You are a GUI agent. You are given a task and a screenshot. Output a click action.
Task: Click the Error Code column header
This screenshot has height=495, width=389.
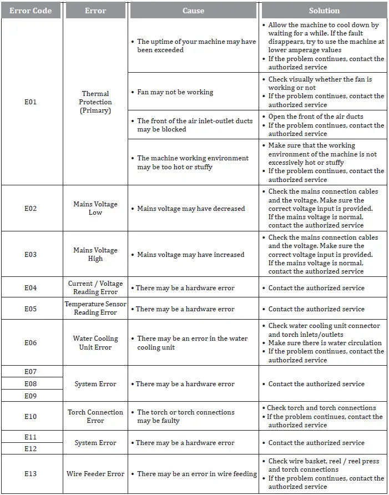pos(31,11)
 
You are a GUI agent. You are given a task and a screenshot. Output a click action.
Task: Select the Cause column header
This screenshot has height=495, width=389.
pos(193,11)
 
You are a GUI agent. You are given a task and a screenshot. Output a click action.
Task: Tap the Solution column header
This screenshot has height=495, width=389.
pos(324,11)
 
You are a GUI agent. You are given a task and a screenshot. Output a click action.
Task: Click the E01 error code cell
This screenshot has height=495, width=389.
pos(31,102)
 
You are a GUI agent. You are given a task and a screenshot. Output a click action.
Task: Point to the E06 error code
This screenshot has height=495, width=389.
pos(31,342)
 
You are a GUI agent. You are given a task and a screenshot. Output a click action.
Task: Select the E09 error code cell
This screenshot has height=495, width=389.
pos(31,396)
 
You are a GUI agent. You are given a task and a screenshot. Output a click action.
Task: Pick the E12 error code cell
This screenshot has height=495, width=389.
pos(31,448)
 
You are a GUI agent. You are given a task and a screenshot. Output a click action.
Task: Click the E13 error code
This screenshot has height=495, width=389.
pos(31,473)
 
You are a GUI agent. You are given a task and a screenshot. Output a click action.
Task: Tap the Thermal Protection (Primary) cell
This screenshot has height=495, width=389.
pos(95,102)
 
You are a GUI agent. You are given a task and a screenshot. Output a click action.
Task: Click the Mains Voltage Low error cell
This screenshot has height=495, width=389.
pos(95,208)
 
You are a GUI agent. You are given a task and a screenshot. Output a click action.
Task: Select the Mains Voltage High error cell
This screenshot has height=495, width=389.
pos(95,254)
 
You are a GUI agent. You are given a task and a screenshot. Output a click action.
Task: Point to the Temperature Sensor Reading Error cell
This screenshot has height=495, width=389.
pos(95,308)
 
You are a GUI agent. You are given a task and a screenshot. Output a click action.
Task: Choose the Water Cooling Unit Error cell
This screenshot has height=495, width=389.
pos(95,342)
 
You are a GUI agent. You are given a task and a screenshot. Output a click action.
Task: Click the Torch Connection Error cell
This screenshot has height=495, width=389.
pos(95,416)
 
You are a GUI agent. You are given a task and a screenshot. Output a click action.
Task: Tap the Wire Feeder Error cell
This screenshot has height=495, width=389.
pos(95,473)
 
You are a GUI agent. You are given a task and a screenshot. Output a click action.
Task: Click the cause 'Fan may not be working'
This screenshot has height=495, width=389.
pos(175,92)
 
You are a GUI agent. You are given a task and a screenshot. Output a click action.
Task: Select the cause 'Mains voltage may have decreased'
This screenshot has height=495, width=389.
pos(191,209)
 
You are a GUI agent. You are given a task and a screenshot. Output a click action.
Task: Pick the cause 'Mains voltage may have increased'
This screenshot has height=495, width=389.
pos(190,255)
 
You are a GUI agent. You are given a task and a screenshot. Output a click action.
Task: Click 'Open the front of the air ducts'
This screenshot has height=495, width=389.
pos(315,117)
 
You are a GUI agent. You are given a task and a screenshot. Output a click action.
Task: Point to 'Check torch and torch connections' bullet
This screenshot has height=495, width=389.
pos(321,408)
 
